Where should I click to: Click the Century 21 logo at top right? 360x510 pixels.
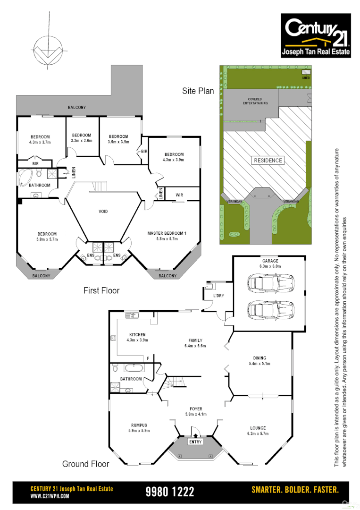pyautogui.click(x=316, y=35)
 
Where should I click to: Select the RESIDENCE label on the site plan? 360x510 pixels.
pyautogui.click(x=268, y=160)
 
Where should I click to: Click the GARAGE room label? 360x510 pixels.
pyautogui.click(x=270, y=261)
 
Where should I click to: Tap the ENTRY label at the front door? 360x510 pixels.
pyautogui.click(x=195, y=442)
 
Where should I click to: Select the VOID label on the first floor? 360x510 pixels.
pyautogui.click(x=103, y=212)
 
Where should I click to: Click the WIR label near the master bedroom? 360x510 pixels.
pyautogui.click(x=179, y=195)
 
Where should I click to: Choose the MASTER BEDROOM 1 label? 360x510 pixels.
pyautogui.click(x=167, y=233)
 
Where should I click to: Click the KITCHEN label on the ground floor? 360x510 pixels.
pyautogui.click(x=137, y=335)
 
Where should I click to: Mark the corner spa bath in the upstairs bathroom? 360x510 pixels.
pyautogui.click(x=25, y=177)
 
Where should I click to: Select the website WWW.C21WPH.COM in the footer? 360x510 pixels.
pyautogui.click(x=50, y=496)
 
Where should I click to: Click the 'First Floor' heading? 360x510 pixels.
pyautogui.click(x=101, y=290)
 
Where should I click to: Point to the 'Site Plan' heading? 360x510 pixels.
pyautogui.click(x=198, y=91)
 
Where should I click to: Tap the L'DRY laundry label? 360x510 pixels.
pyautogui.click(x=218, y=296)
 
